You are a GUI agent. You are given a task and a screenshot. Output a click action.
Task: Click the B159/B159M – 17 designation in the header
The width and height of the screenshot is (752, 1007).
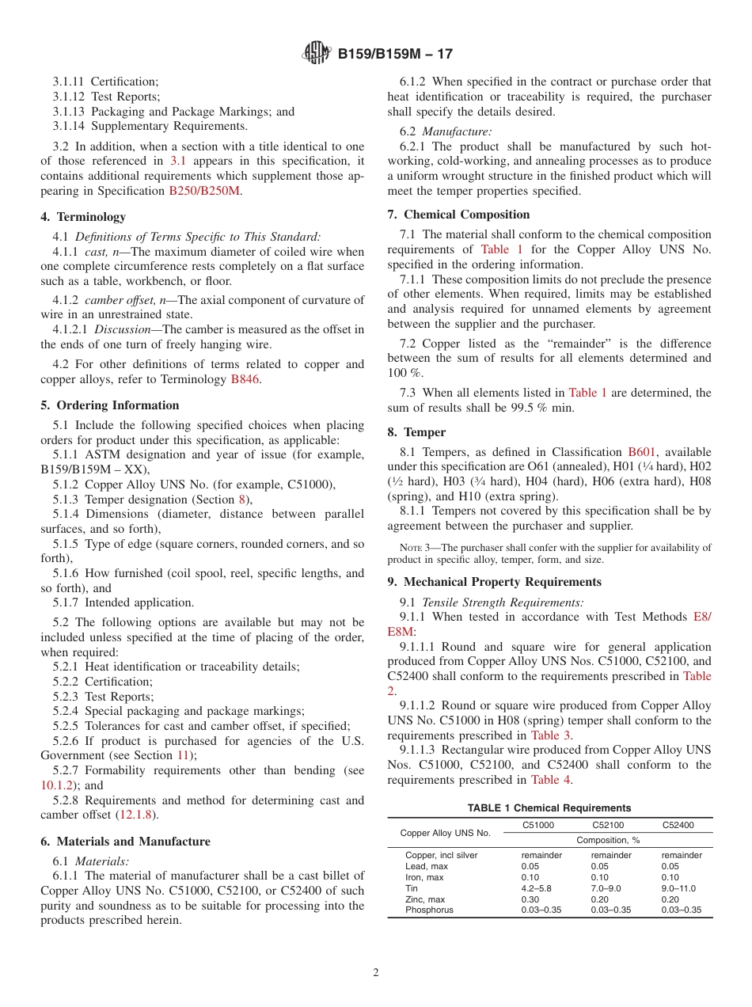click(x=395, y=55)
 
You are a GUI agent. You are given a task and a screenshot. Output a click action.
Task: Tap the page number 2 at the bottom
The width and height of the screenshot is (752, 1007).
click(x=376, y=973)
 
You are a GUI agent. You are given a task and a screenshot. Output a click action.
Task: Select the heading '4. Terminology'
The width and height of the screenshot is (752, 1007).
click(x=83, y=217)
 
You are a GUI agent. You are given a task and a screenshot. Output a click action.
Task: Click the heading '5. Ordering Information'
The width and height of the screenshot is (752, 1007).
click(x=110, y=405)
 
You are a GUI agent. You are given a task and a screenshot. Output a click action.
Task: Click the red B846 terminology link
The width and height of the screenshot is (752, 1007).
click(x=245, y=379)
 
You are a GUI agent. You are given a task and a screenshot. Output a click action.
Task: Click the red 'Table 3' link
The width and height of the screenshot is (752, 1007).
click(x=550, y=735)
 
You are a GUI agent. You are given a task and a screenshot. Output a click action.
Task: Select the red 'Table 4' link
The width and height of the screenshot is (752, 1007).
click(x=550, y=780)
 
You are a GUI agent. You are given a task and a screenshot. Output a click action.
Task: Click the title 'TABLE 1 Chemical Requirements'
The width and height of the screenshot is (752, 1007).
click(x=549, y=808)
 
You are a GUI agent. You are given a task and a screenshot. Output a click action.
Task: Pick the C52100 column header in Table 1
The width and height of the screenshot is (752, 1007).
click(x=608, y=825)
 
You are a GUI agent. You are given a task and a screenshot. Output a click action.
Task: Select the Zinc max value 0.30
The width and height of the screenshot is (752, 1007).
click(x=530, y=899)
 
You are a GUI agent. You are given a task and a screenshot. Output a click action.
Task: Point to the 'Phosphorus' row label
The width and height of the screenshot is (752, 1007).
click(x=429, y=910)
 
